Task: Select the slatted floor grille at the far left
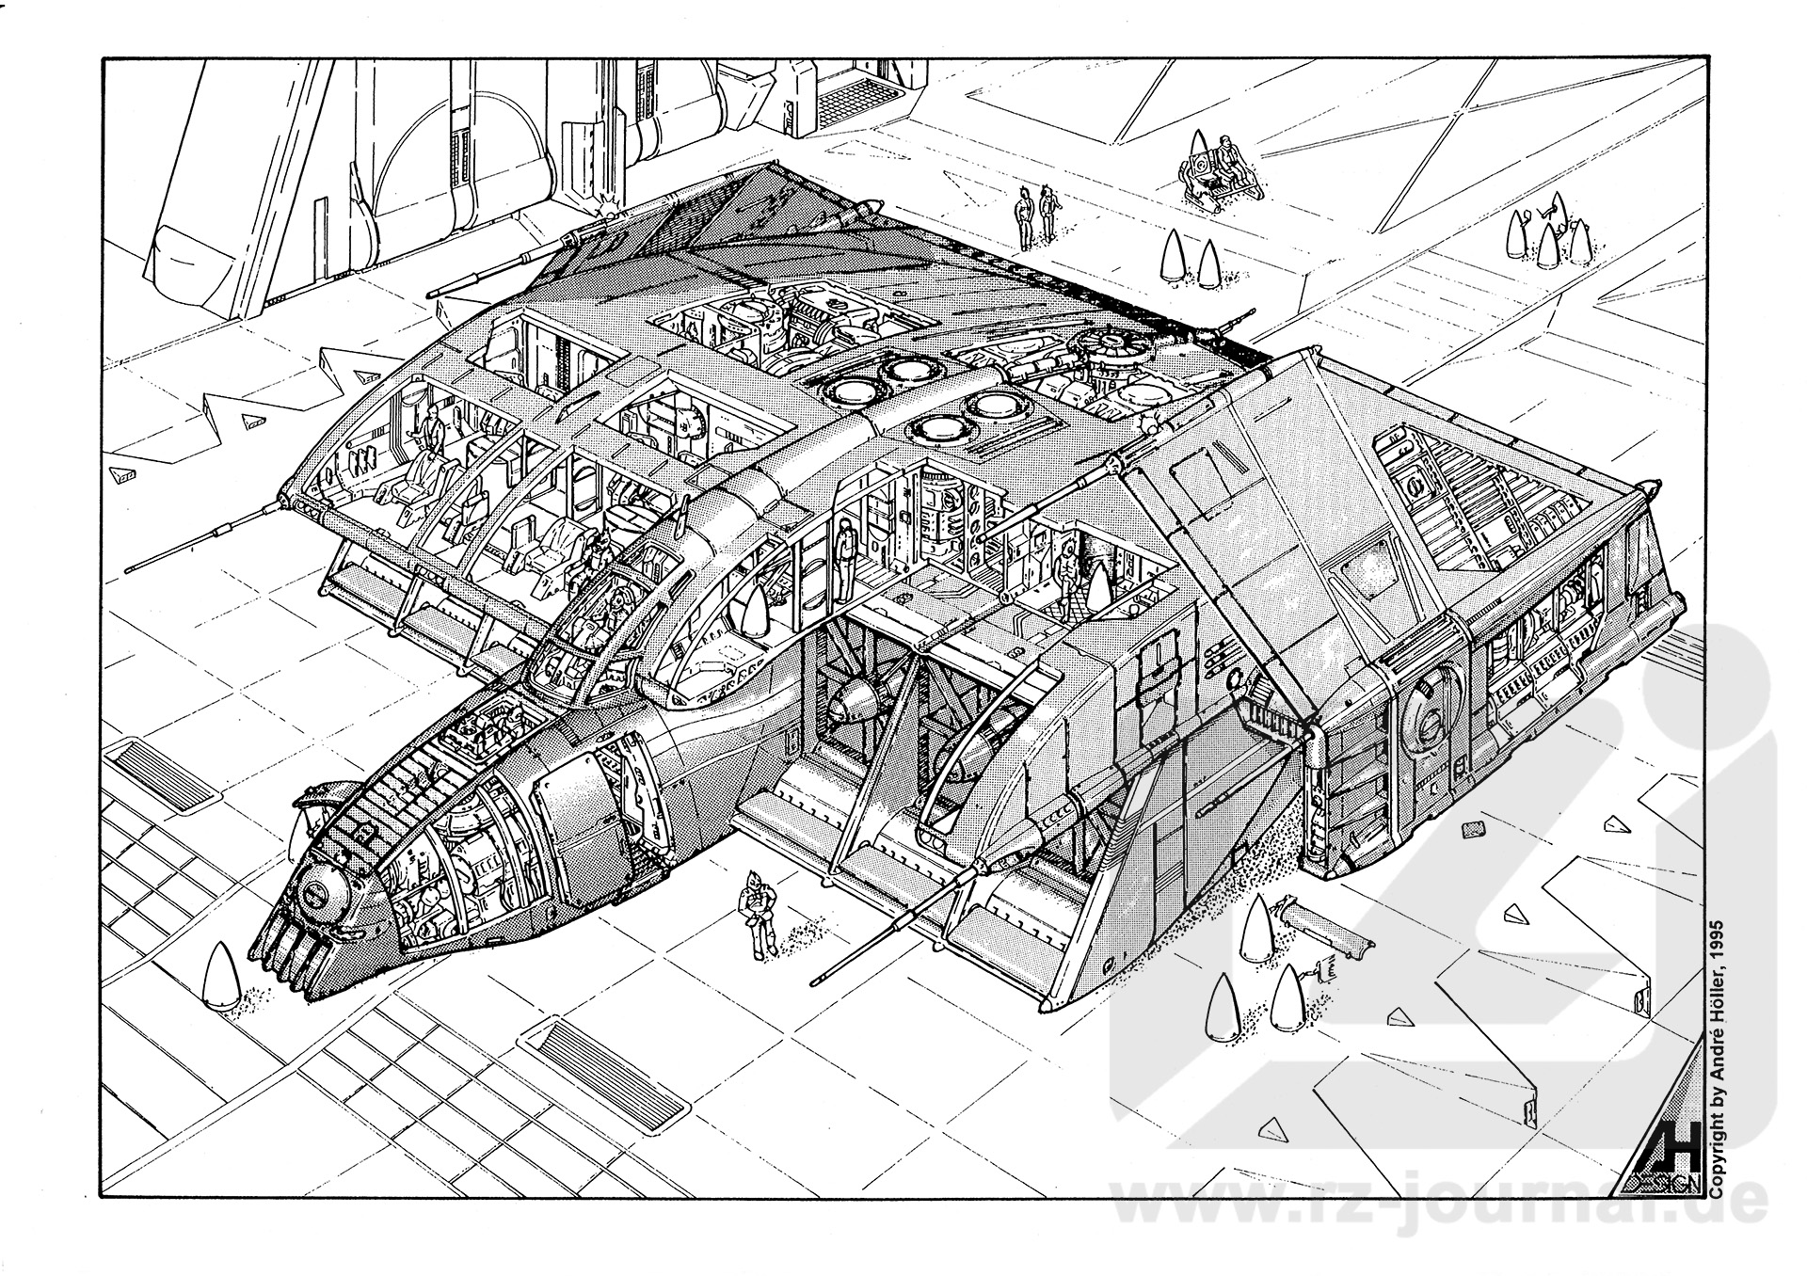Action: (x=161, y=773)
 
